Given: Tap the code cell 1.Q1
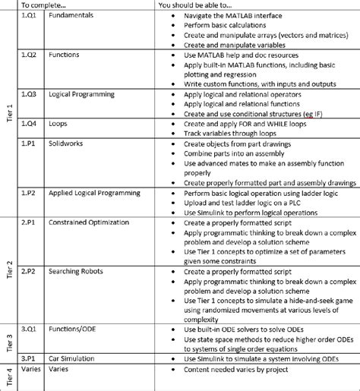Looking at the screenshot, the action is [29, 15].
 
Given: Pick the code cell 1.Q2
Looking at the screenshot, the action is [29, 55].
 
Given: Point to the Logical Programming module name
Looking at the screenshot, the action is [81, 94].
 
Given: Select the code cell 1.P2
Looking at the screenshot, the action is [29, 193].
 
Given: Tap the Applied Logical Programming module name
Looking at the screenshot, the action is [95, 193].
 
